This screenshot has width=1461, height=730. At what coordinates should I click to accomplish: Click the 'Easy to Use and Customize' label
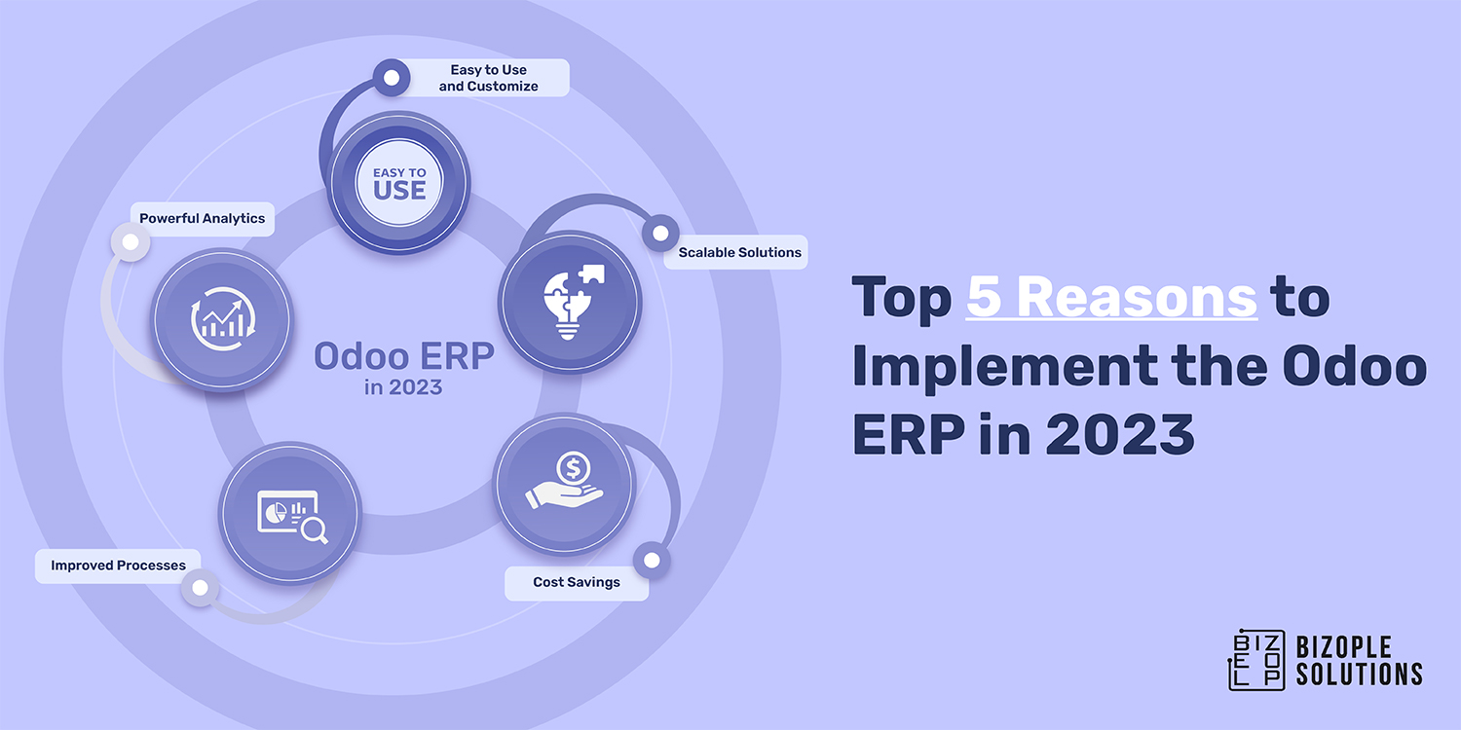coord(488,78)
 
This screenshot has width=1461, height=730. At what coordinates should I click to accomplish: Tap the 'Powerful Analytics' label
coord(202,219)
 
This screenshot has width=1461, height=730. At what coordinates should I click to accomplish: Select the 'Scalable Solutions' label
coord(739,252)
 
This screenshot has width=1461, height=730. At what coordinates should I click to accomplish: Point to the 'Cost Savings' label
coord(576,582)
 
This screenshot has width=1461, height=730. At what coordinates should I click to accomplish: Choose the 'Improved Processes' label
coord(118,566)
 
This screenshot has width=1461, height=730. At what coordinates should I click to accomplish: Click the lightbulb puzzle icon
coord(570,302)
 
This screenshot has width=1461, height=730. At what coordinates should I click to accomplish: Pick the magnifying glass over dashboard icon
coord(290,515)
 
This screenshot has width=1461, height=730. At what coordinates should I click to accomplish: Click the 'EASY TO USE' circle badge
coord(399,183)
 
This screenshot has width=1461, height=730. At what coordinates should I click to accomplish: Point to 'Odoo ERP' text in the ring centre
coord(403,356)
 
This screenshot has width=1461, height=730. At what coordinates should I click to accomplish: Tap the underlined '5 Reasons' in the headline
coord(1111,298)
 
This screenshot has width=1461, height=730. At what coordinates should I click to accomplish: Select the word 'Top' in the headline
coord(901,298)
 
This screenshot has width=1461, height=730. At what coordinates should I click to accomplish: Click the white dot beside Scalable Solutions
coord(660,234)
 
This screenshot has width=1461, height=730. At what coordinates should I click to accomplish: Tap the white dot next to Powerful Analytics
coord(129,242)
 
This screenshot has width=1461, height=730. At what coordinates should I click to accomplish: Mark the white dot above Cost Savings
coord(652,561)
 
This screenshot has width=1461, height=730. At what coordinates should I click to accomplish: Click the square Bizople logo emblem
coord(1256,659)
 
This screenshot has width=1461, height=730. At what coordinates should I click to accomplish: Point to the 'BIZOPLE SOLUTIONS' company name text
coord(1359,660)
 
